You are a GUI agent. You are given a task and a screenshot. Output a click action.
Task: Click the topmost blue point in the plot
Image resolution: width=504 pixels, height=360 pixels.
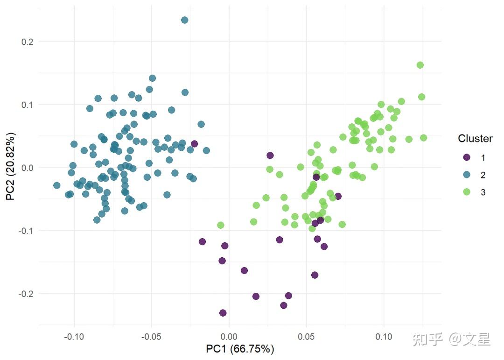(x=184, y=20)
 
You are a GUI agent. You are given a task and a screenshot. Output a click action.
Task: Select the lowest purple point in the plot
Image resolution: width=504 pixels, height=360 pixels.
(x=223, y=313)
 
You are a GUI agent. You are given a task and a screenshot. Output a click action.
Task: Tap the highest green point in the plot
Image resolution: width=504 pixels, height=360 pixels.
(x=420, y=65)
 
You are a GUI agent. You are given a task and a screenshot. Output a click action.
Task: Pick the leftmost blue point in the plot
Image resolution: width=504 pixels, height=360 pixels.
(x=57, y=185)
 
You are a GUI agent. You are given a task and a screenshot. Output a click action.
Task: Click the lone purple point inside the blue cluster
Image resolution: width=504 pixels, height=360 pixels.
(x=195, y=144)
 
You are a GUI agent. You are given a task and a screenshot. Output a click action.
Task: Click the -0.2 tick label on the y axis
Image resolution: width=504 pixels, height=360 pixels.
(x=26, y=294)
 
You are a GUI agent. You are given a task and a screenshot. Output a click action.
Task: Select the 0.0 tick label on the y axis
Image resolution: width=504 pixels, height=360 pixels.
(x=28, y=168)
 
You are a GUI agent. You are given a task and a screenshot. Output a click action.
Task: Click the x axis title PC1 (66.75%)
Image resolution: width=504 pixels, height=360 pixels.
(x=240, y=349)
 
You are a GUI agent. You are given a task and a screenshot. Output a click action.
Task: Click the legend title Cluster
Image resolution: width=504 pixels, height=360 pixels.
(x=475, y=139)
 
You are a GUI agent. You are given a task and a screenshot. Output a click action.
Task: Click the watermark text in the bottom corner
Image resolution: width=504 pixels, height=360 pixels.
(x=451, y=339)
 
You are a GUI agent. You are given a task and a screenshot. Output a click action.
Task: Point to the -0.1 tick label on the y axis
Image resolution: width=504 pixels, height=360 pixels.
(x=26, y=231)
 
